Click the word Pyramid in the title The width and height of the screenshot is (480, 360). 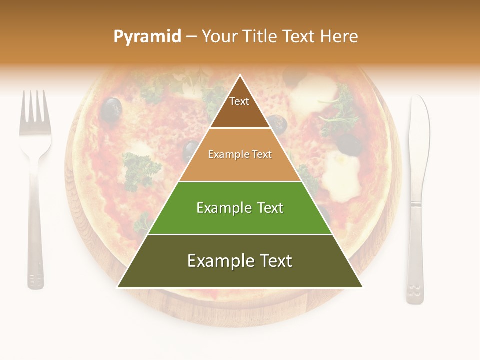click(147, 37)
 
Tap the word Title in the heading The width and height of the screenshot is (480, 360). click(260, 37)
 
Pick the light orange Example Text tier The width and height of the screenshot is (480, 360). click(240, 155)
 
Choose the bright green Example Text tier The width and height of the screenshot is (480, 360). click(240, 208)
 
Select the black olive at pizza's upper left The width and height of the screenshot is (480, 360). click(111, 109)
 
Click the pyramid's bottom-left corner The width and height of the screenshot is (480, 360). click(118, 287)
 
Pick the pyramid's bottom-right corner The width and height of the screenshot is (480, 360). click(362, 287)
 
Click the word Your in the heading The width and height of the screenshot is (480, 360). click(220, 37)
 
